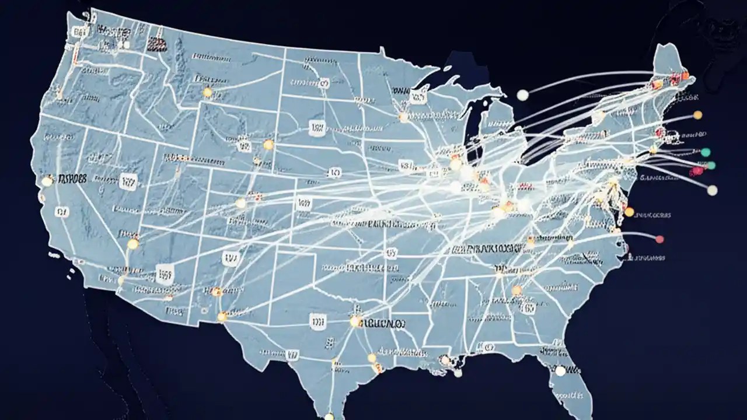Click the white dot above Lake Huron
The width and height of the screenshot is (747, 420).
pyautogui.click(x=522, y=94)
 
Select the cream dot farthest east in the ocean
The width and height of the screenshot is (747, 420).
pyautogui.click(x=712, y=190)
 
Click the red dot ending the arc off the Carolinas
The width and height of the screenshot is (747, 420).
pyautogui.click(x=659, y=239)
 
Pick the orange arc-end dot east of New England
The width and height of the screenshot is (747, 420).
pyautogui.click(x=697, y=115)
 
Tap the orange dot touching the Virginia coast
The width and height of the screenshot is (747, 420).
pyautogui.click(x=629, y=211)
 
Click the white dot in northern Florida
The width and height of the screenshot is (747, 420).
pyautogui.click(x=560, y=370)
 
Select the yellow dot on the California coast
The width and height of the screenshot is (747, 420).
pyautogui.click(x=47, y=181)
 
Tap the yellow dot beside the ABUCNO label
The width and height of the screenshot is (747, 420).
pyautogui.click(x=355, y=321)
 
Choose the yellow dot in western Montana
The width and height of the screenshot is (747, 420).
pyautogui.click(x=207, y=92)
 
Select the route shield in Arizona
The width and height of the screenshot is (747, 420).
pyautogui.click(x=165, y=273)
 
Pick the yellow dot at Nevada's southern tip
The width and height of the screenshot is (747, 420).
pyautogui.click(x=133, y=244)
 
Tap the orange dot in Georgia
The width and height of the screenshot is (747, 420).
pyautogui.click(x=516, y=290)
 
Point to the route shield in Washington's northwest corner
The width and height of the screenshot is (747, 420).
pyautogui.click(x=76, y=33)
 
